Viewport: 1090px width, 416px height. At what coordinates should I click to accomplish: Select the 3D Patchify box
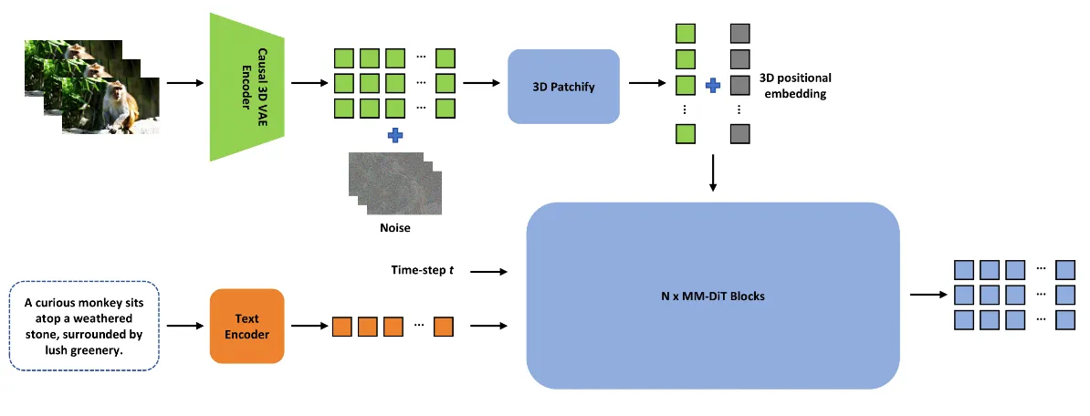563,87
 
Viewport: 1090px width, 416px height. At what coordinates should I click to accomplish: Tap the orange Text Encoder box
246,327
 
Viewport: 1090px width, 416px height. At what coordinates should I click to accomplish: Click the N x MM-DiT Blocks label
713,296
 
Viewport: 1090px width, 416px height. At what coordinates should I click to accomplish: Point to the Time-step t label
421,271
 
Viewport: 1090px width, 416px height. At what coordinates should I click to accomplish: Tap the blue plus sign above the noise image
394,135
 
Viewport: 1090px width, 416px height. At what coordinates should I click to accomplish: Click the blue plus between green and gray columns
713,85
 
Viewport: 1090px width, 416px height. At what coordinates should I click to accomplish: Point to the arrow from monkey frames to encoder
186,84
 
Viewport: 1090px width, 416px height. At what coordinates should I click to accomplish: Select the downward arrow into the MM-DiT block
713,173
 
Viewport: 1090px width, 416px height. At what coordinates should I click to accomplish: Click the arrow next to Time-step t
490,272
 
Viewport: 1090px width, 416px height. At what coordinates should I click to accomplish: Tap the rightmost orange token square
444,326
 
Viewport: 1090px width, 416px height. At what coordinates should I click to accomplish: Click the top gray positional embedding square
740,35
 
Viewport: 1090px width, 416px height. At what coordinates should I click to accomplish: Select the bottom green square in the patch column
685,135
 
